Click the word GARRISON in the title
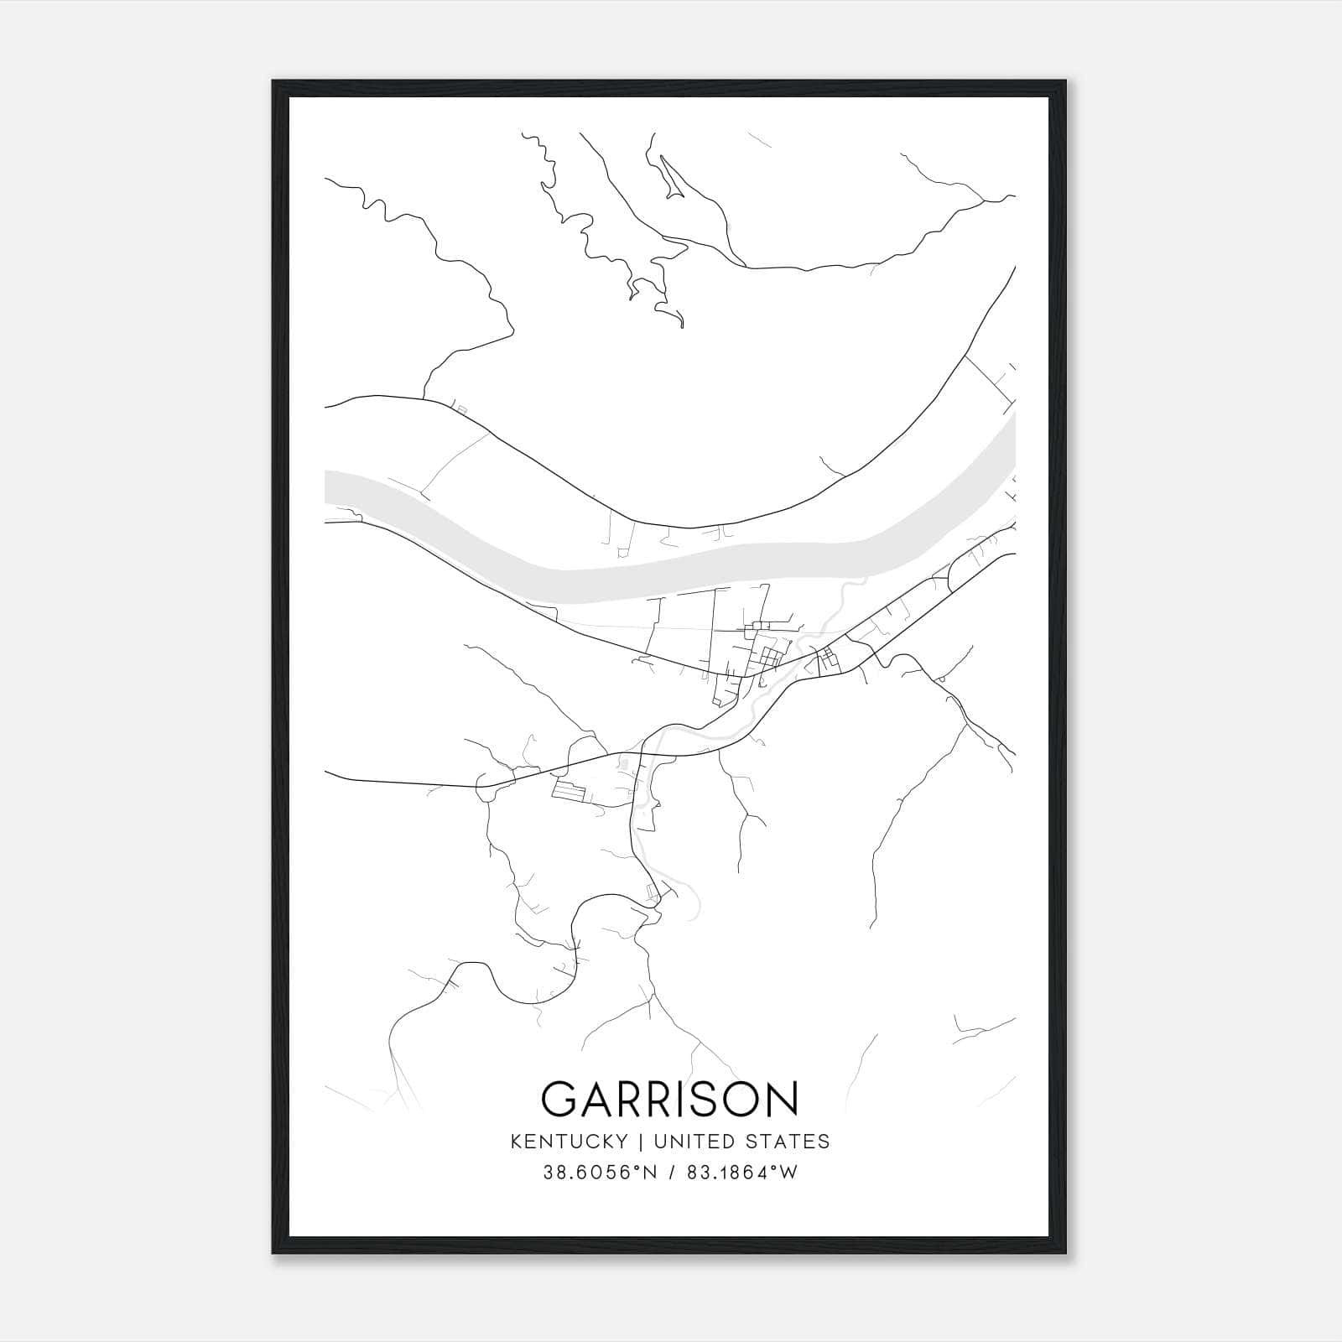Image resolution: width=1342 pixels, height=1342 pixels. click(x=670, y=1098)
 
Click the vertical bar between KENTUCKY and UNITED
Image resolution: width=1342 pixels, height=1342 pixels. click(x=639, y=1142)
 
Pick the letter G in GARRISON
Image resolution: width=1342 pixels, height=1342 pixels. click(x=559, y=1099)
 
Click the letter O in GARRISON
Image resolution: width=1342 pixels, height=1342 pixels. click(x=741, y=1099)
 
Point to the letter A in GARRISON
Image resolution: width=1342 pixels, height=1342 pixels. click(x=596, y=1099)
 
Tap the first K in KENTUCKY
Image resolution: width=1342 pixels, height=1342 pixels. click(x=516, y=1142)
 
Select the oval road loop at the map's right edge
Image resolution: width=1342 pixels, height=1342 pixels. click(x=965, y=574)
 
